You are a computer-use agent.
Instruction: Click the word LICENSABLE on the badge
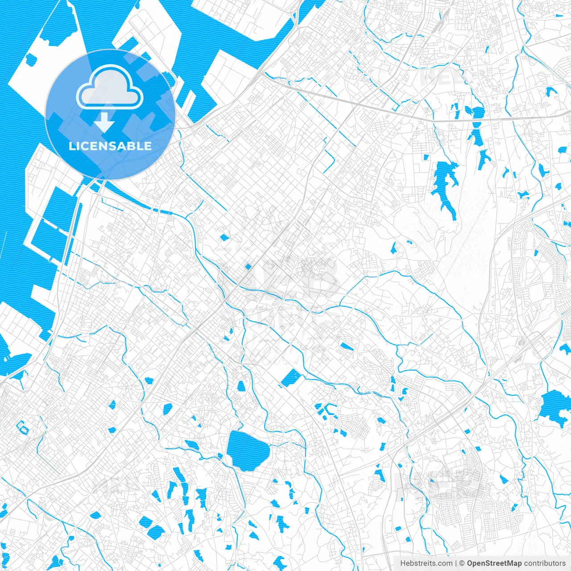pyautogui.click(x=110, y=146)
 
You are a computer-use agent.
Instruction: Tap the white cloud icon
pyautogui.click(x=110, y=87)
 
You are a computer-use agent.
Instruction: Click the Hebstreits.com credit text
pyautogui.click(x=426, y=563)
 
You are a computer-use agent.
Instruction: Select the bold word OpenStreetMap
pyautogui.click(x=494, y=563)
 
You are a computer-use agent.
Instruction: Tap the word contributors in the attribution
pyautogui.click(x=544, y=563)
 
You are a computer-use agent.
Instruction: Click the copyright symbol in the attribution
pyautogui.click(x=462, y=563)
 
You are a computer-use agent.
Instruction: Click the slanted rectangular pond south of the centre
pyautogui.click(x=291, y=377)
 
